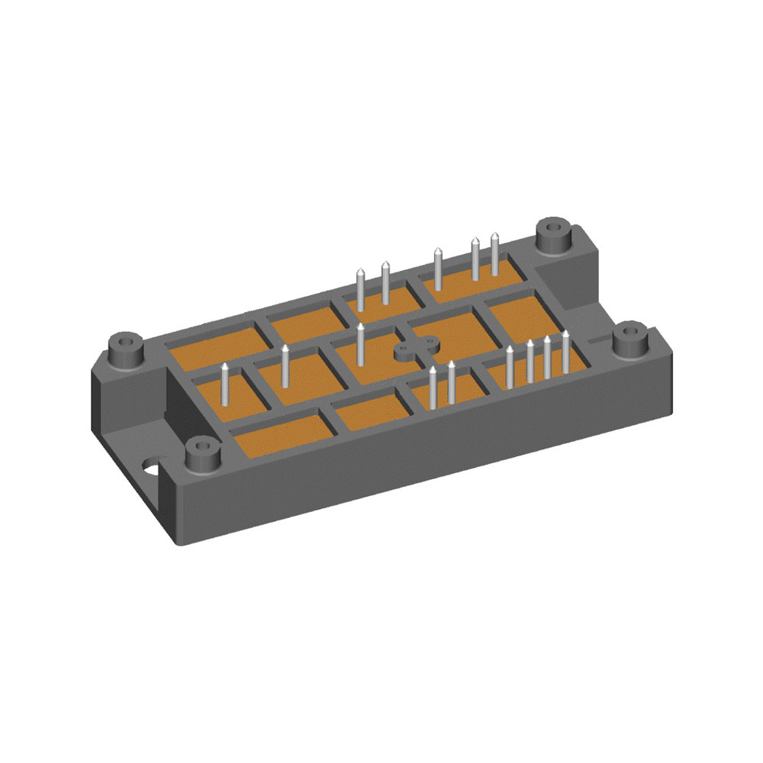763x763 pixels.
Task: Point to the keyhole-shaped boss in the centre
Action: click(x=415, y=349)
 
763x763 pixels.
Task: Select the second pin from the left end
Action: click(x=285, y=365)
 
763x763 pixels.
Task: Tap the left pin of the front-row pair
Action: click(x=433, y=386)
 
